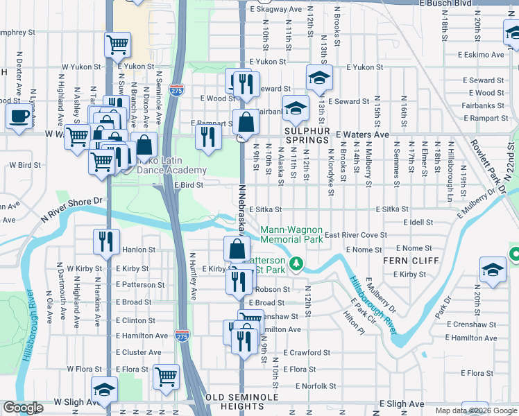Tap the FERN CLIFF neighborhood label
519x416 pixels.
[411, 260]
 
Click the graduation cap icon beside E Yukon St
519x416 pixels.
[319, 78]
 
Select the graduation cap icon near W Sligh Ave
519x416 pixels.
[104, 390]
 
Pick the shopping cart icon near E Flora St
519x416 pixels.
[167, 376]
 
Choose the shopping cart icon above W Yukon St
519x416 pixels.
[117, 44]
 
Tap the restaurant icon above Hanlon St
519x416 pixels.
[106, 241]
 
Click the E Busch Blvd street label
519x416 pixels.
[488, 3]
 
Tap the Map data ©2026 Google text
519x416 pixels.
[475, 410]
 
